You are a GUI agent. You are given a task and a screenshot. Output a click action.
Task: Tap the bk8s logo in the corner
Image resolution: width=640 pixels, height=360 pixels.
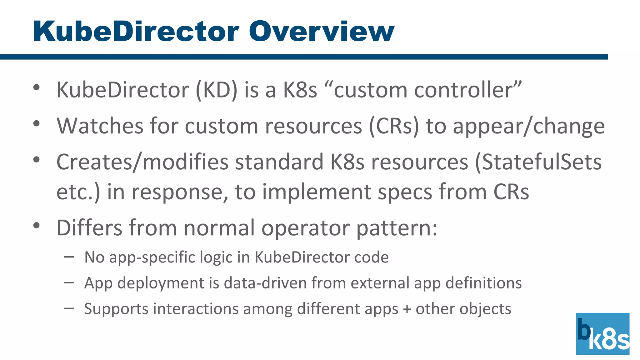[x=602, y=333]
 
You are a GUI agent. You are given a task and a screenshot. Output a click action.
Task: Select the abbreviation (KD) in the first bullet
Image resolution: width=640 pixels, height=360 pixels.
[x=216, y=91]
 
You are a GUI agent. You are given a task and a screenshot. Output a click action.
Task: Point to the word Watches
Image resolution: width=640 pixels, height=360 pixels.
[x=99, y=126]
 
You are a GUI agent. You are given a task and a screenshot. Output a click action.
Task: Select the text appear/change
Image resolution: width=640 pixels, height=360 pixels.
[x=529, y=127]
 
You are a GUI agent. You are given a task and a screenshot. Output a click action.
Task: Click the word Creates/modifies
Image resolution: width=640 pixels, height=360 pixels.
[x=142, y=162]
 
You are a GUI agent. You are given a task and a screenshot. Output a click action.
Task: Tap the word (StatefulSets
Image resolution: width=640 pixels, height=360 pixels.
[x=538, y=162]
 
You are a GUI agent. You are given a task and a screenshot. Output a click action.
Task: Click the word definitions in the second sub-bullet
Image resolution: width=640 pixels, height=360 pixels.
[x=483, y=283]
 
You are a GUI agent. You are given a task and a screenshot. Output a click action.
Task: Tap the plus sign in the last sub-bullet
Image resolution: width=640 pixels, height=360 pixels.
[x=407, y=309]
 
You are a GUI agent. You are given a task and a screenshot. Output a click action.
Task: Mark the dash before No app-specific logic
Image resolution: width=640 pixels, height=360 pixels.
[x=69, y=257]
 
